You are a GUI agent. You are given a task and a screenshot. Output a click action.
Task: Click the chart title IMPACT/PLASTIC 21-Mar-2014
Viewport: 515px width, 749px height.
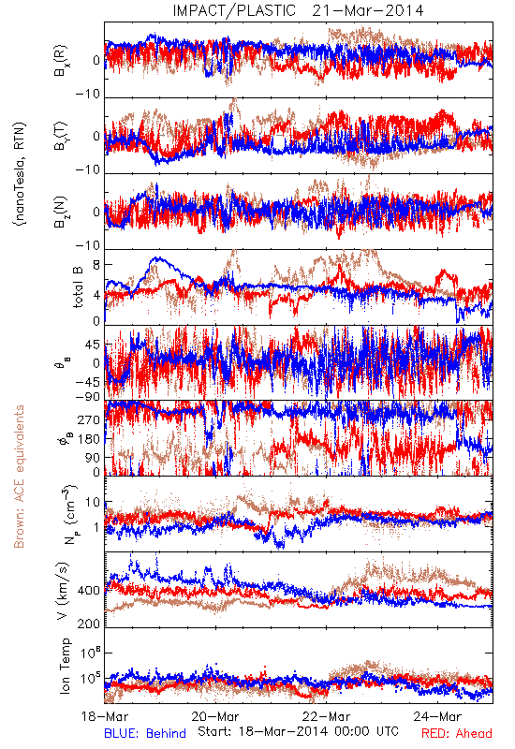pos(298,10)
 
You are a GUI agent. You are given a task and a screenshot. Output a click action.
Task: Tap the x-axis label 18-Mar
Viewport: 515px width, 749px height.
pos(105,716)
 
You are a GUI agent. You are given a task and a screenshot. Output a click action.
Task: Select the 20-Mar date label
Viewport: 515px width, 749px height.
pos(215,716)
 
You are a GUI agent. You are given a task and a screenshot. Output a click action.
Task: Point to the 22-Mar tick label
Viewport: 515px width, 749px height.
pos(327,716)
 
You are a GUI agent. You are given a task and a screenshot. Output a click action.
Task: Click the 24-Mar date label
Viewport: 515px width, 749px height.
pos(438,716)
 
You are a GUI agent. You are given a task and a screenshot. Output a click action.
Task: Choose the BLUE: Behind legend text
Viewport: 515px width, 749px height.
pos(145,733)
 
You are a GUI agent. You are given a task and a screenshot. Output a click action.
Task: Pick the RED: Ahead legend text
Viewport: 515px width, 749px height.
pos(457,733)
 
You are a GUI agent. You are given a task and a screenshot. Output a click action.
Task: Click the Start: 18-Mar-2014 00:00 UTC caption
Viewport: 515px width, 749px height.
pos(299,731)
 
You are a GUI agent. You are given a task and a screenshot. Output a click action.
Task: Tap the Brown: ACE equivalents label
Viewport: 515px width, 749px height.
pos(19,477)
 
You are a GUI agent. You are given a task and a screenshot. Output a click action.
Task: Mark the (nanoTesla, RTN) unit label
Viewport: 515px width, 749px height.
pos(20,173)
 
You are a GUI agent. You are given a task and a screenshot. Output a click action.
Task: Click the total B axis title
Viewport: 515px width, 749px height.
pos(78,286)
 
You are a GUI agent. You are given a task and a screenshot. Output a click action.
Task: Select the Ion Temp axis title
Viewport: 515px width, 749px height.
pos(65,666)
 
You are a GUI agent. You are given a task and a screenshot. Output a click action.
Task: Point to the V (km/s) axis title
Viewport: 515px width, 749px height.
pos(63,591)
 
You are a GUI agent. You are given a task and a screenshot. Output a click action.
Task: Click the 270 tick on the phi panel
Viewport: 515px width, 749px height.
pos(90,419)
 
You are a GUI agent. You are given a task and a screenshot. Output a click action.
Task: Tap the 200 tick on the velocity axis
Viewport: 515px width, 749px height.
pos(89,624)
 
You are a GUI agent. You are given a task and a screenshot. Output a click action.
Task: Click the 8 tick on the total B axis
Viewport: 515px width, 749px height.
pos(97,265)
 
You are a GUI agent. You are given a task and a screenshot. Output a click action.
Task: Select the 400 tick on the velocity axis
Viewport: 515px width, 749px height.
pos(89,591)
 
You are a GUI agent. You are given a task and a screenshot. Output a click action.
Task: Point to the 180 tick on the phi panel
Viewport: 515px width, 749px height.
pos(90,439)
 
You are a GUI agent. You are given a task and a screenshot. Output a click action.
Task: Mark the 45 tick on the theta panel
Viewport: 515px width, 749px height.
pos(93,345)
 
